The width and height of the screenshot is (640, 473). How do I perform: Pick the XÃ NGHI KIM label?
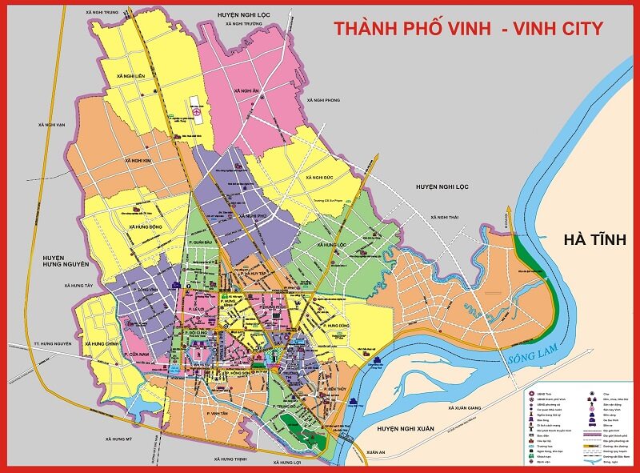pyautogui.click(x=138, y=160)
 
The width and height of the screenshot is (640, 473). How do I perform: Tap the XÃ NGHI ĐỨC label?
pyautogui.click(x=318, y=177)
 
